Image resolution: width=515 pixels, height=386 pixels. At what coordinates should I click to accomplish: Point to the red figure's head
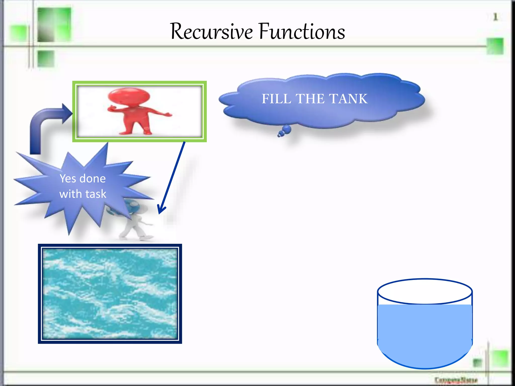coord(129,97)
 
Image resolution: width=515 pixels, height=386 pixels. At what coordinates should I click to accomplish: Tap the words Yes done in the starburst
coord(82,178)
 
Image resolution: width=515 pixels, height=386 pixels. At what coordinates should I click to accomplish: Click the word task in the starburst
coord(96,194)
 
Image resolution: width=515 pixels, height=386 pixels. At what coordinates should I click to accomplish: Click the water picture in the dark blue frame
coord(110,294)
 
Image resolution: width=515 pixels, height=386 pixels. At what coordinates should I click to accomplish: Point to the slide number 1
coord(495,17)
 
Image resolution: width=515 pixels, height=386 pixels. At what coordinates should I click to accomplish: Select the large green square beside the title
coord(54,24)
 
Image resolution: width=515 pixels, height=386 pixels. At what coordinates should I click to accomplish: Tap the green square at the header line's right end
coord(495,46)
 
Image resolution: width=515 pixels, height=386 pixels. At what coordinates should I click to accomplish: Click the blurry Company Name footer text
coord(456,379)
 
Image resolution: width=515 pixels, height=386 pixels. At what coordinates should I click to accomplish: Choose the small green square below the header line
coord(46,59)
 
